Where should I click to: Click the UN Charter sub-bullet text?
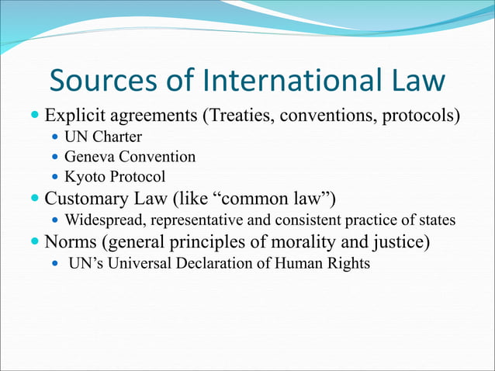(103, 137)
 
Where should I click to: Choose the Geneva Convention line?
(130, 157)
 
